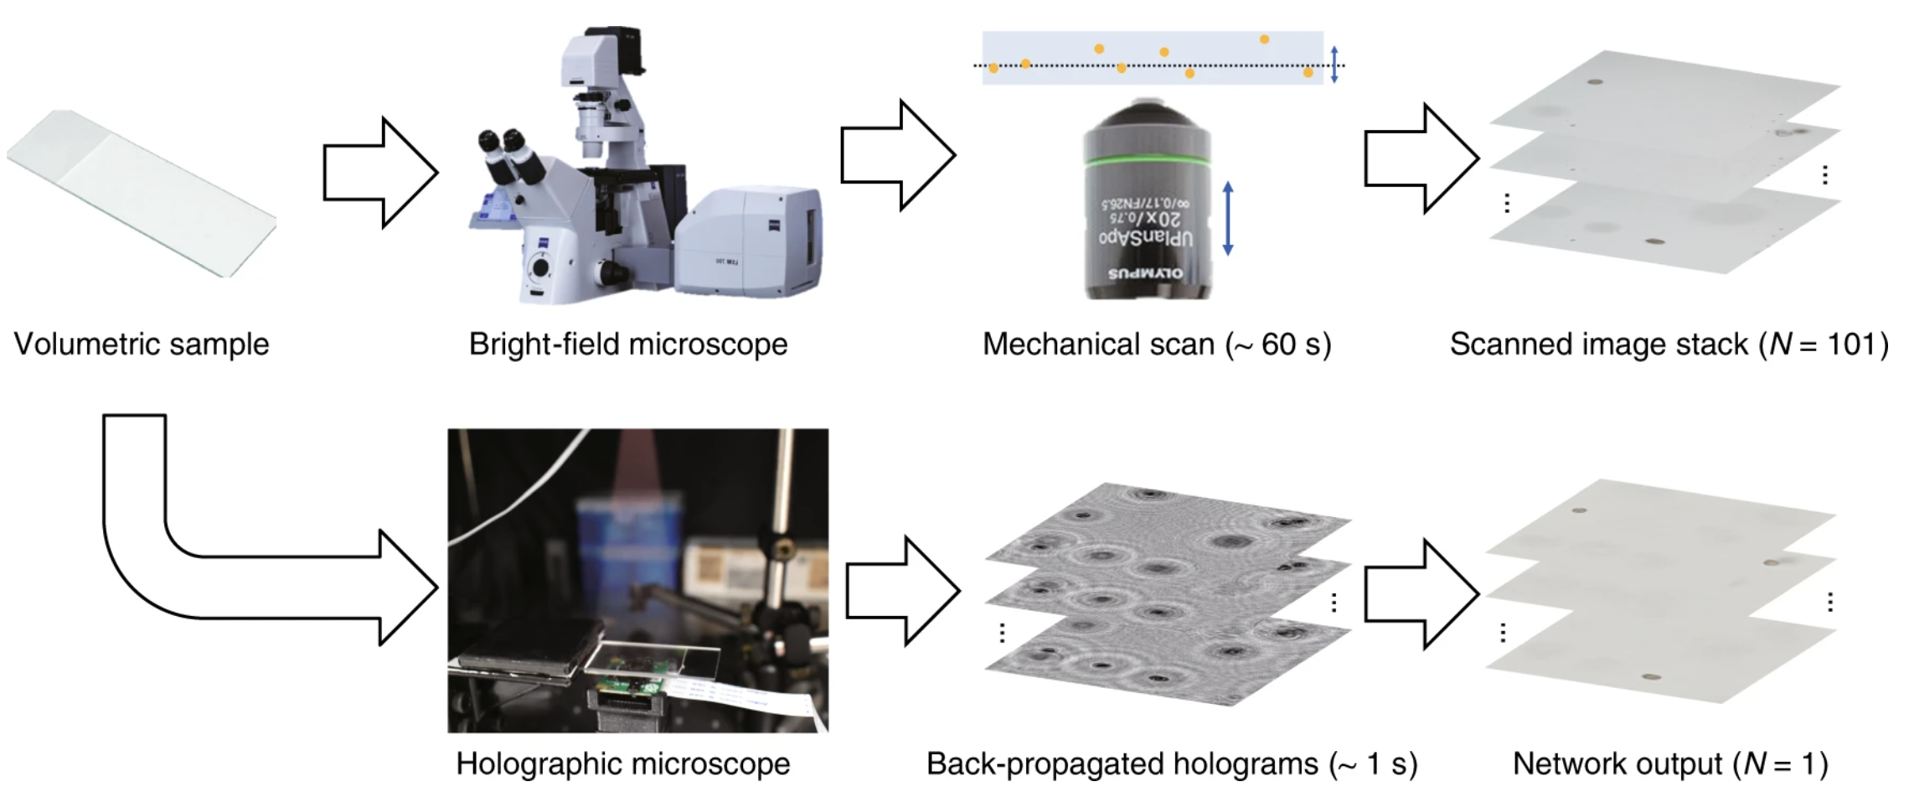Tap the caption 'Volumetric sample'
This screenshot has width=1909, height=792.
coord(141,344)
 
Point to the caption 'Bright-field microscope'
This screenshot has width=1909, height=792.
coord(628,344)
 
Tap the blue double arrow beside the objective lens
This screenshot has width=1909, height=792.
coord(1228,218)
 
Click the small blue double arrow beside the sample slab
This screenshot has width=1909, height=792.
coord(1334,65)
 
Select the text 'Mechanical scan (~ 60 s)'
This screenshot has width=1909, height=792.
coord(1157,344)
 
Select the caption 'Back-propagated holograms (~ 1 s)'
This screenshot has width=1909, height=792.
coord(1171,764)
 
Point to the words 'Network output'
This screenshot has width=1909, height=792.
coord(1617,764)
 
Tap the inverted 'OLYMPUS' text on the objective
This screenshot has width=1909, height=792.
coord(1146,274)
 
